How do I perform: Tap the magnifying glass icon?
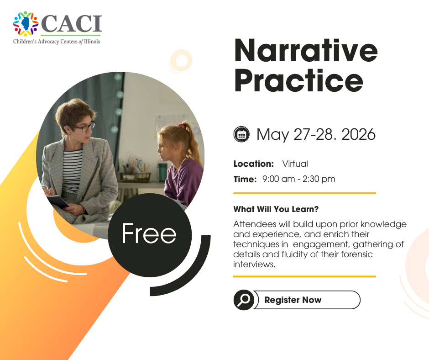coord(244,300)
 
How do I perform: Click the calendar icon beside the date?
coord(241,134)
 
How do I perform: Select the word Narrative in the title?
coord(306,51)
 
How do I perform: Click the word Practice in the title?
coord(299,81)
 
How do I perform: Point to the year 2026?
coord(358,134)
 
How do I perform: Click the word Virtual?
coord(295,164)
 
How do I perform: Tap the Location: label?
coord(254,164)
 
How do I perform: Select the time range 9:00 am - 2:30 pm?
coord(298,179)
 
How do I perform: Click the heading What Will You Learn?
coord(276,209)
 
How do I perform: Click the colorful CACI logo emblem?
coord(26,24)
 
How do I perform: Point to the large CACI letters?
coord(72,24)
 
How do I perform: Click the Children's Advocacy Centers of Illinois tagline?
coord(57,42)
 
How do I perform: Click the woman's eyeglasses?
coord(82,127)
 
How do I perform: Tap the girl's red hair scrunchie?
coord(181,126)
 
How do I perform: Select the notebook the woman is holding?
coord(58,201)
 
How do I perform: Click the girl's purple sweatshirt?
coord(184,181)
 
